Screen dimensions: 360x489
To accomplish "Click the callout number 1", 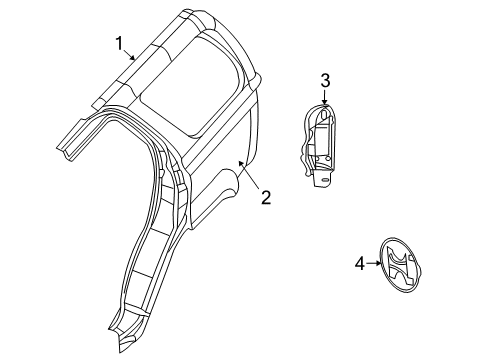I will [x=119, y=42].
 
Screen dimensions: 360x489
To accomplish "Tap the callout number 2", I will [x=266, y=197].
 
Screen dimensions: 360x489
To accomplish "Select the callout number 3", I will [x=325, y=80].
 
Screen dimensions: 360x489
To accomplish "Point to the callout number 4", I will [x=359, y=265].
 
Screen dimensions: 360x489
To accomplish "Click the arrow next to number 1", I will [x=131, y=55].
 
